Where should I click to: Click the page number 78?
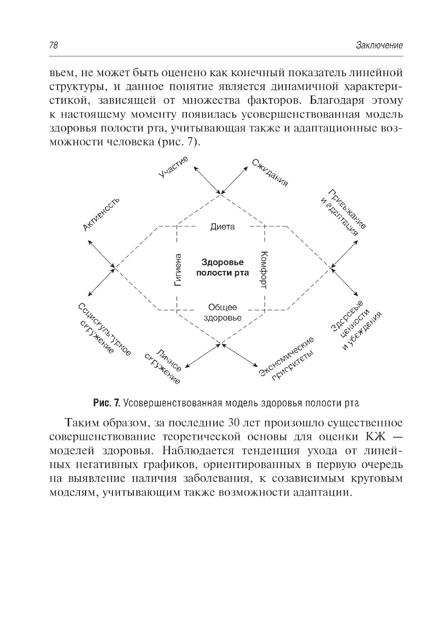tap(54, 45)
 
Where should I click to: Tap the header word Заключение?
tap(380, 45)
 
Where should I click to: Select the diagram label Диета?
tap(223, 226)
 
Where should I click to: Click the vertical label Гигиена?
tap(178, 269)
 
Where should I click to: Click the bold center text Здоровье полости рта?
tap(223, 267)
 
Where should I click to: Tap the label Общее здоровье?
tap(223, 312)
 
